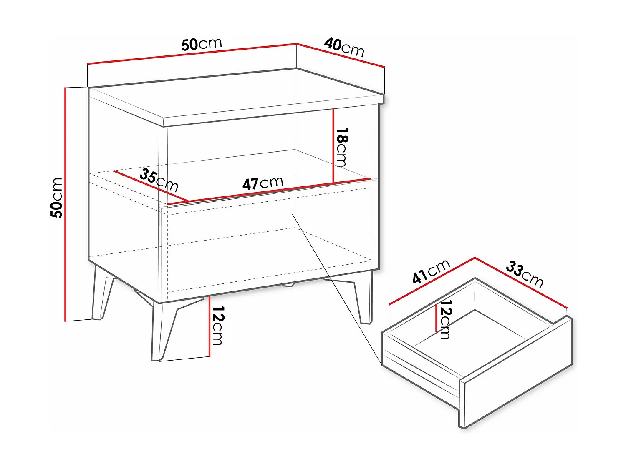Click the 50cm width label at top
click(x=202, y=44)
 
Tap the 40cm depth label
click(x=344, y=47)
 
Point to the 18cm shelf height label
click(x=341, y=147)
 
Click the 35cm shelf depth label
click(x=159, y=180)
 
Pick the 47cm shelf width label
click(x=263, y=183)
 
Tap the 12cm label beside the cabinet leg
click(x=217, y=326)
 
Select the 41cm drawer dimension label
click(x=431, y=271)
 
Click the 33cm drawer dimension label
click(x=525, y=274)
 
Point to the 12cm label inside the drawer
click(x=445, y=319)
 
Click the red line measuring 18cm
click(x=333, y=146)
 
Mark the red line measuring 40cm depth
click(x=340, y=55)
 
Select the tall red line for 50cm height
click(x=66, y=204)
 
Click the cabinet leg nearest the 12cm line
click(x=163, y=329)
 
